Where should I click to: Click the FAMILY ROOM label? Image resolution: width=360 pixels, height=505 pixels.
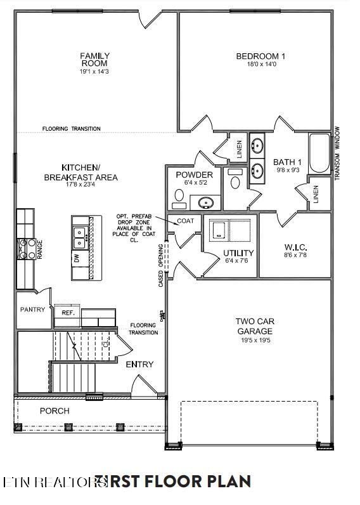point(94,60)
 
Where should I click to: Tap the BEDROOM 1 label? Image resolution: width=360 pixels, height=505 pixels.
point(260,56)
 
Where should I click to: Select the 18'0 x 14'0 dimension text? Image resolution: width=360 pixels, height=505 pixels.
point(260,65)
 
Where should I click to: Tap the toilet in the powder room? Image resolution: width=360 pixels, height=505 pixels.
point(235,180)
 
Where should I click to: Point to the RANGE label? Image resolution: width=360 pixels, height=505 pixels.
point(40,249)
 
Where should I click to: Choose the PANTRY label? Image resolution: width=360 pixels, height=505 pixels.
point(32,310)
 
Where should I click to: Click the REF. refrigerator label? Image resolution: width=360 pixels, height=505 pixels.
point(68,313)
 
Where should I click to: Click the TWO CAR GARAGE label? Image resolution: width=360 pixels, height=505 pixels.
point(255,326)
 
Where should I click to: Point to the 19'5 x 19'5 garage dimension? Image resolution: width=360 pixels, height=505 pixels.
point(255,341)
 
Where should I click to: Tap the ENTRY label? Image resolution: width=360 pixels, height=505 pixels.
point(139,364)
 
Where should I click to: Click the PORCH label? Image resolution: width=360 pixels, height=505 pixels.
point(55,410)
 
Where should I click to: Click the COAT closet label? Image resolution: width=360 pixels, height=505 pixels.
point(185,221)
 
